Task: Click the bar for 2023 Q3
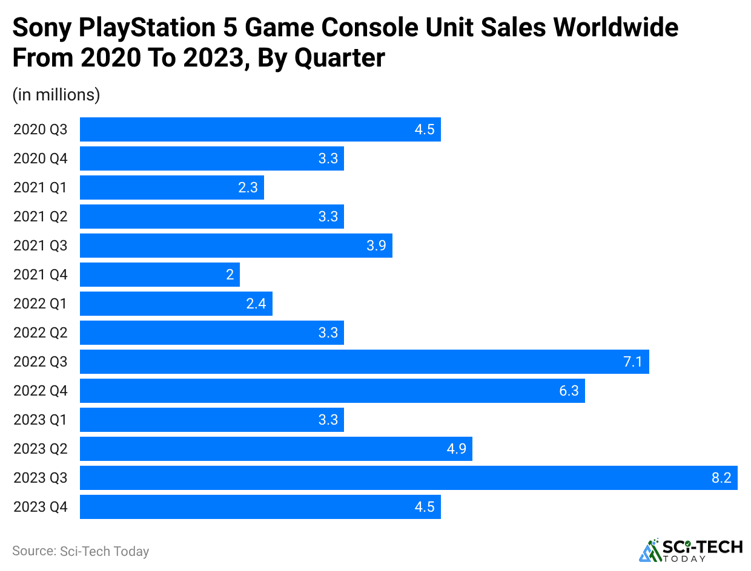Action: [408, 478]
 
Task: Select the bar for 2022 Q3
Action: [364, 362]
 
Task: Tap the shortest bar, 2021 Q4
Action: [159, 275]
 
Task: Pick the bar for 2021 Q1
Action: [171, 188]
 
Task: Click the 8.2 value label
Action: [721, 478]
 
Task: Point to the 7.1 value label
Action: [633, 362]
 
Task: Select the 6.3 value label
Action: [569, 391]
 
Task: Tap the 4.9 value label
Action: [456, 449]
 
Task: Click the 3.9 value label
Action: [376, 246]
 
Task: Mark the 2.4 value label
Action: [256, 304]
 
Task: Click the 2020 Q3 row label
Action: [41, 129]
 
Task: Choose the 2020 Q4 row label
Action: [41, 158]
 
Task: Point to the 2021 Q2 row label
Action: [41, 217]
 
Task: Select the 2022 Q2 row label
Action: [41, 333]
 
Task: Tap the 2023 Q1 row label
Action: [41, 420]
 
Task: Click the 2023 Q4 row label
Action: [41, 507]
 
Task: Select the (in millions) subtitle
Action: [56, 95]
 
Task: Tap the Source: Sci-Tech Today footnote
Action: [81, 551]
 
